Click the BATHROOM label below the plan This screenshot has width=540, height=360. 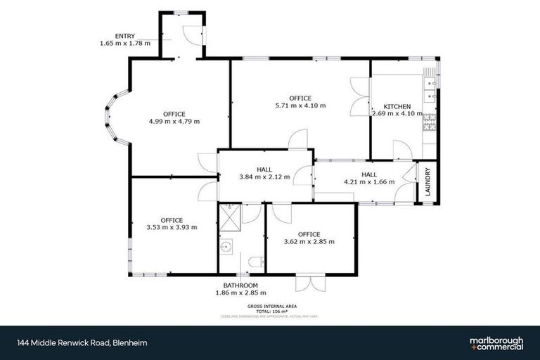[240, 285]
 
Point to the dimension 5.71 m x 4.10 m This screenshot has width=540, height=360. [300, 105]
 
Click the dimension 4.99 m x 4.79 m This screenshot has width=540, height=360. [174, 121]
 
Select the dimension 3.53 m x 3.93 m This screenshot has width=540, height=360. [172, 227]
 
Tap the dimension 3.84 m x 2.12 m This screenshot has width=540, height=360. [264, 177]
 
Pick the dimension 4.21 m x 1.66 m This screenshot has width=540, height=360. [369, 181]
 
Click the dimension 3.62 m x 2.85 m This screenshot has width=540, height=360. [309, 241]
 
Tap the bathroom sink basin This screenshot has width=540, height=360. [226, 247]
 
